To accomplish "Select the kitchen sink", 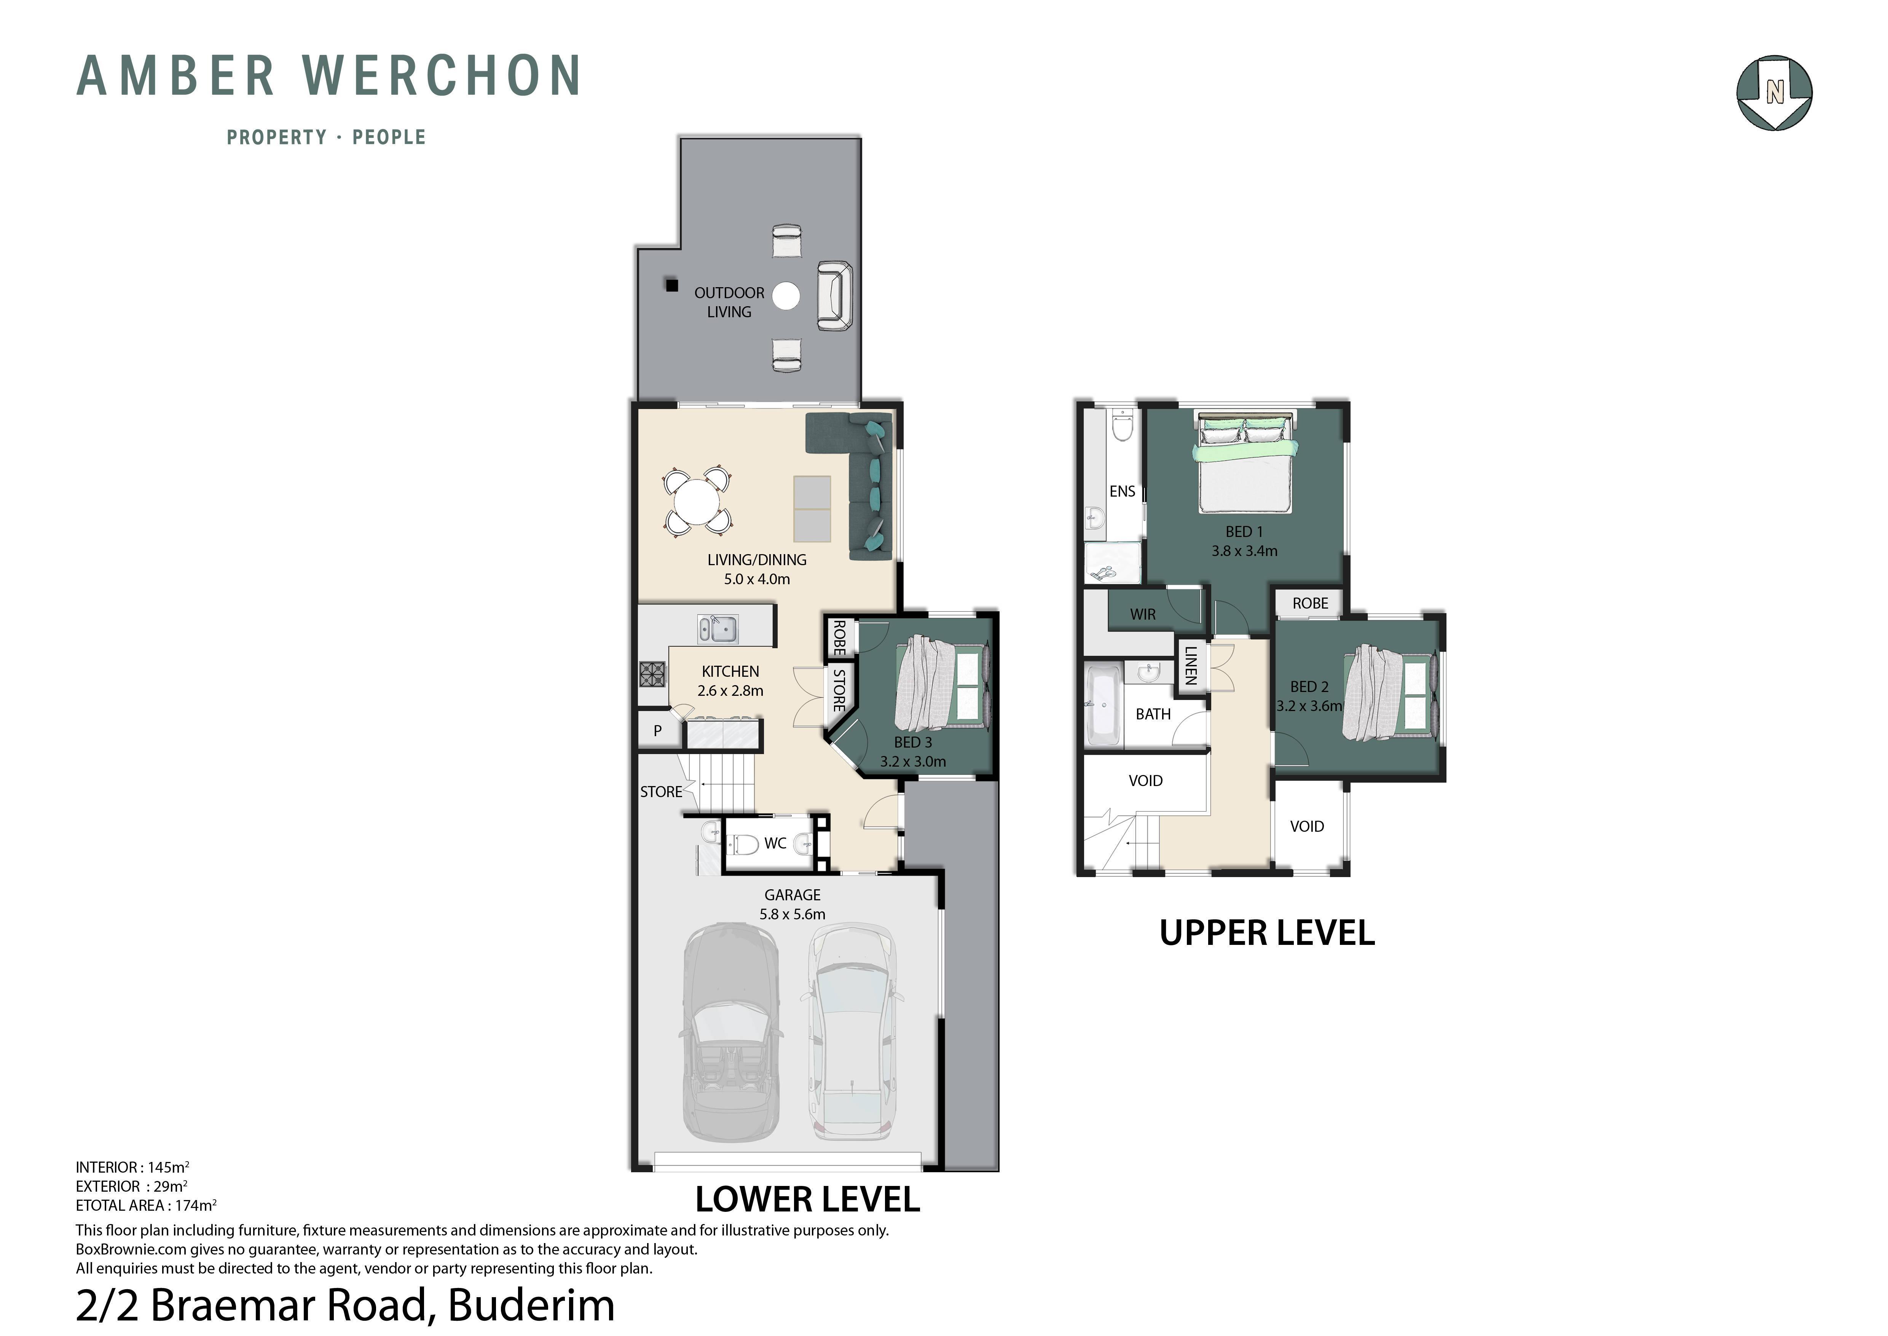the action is pos(718,629).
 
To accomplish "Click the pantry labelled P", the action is pos(658,730).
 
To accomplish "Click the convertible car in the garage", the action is pos(731,1033).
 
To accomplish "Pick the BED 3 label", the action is pos(913,742).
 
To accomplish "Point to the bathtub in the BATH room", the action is pos(1103,705).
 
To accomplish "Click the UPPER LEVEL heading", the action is pos(1267,933).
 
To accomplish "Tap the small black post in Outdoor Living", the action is pos(672,286).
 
